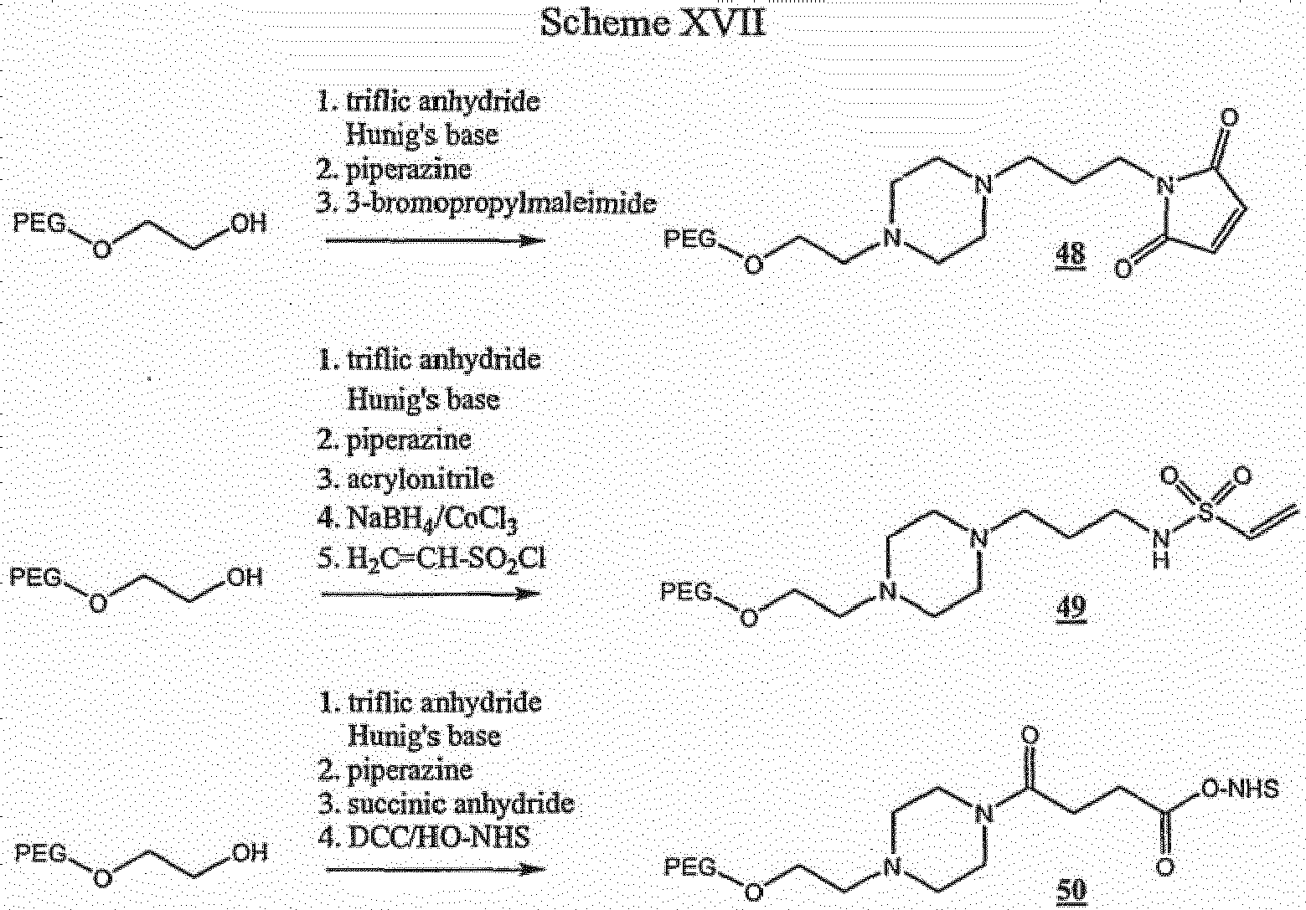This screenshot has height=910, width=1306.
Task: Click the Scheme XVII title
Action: point(653,23)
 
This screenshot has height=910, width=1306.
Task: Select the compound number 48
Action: point(1071,254)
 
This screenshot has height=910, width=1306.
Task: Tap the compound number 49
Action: point(1071,608)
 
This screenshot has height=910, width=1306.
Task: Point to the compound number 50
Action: point(1071,890)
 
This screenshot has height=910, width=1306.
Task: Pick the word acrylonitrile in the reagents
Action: point(421,479)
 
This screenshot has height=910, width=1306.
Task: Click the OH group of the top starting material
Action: point(249,224)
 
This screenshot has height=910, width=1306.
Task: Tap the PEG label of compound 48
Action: point(689,239)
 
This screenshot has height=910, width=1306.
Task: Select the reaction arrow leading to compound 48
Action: point(435,240)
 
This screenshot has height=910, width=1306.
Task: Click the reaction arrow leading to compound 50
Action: point(435,870)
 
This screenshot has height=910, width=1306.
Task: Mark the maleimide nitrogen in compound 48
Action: point(1165,187)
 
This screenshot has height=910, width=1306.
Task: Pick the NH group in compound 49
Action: point(1161,549)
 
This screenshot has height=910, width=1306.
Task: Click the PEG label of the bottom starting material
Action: point(41,853)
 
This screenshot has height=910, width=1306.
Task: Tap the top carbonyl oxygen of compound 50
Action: point(1030,735)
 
